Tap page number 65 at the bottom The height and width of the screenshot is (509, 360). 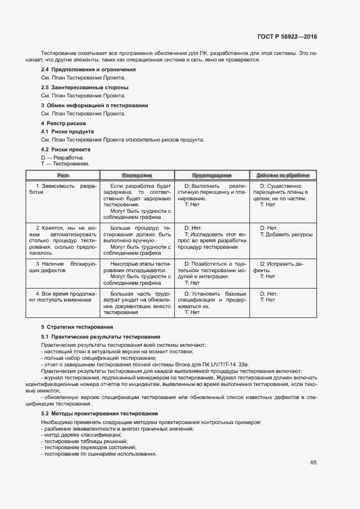point(314,463)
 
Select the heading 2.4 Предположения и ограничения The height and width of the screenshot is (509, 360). point(88,70)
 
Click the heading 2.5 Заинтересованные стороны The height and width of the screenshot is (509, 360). point(84,87)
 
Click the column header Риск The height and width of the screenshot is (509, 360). point(63,176)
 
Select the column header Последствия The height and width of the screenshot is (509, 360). point(137,176)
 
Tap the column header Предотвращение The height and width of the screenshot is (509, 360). point(212,176)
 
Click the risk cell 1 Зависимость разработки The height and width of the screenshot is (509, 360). point(63,189)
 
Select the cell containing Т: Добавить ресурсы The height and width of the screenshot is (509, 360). point(286,235)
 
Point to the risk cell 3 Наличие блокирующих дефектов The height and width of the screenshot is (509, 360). point(63,267)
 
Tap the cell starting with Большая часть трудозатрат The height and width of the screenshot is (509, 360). point(137,303)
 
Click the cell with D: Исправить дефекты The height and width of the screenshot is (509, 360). point(282,267)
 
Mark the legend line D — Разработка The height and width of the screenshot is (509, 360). point(63,157)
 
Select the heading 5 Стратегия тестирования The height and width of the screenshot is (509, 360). point(77,327)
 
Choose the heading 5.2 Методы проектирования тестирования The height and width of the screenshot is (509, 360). point(99,414)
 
